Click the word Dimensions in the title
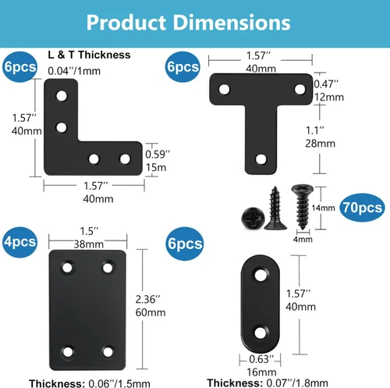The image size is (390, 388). (x=232, y=23)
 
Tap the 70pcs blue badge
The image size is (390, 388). (x=362, y=208)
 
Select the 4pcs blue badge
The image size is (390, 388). (x=19, y=242)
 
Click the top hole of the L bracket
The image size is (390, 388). (x=62, y=96)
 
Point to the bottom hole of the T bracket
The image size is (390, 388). (x=261, y=159)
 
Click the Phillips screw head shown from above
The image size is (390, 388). (x=253, y=218)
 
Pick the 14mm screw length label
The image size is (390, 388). (x=323, y=208)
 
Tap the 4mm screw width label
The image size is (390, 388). (x=303, y=239)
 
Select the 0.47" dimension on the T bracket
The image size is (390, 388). (x=326, y=84)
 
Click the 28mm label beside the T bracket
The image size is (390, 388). (x=321, y=144)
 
